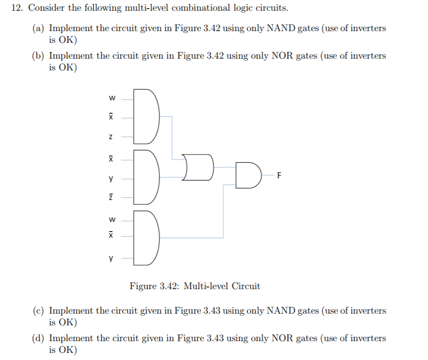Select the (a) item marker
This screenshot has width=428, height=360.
coord(38,29)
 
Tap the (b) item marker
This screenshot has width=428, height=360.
coord(38,56)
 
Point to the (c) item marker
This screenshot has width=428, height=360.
coord(38,311)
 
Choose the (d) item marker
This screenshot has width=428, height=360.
coord(38,338)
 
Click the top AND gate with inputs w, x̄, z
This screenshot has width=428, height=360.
coord(147,116)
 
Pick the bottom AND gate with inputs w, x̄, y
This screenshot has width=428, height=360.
coord(147,238)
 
